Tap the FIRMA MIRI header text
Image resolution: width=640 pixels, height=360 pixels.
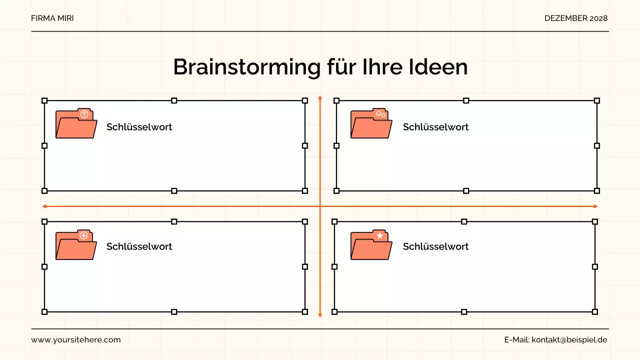tap(52, 18)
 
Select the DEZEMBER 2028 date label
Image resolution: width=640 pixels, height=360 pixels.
tap(576, 18)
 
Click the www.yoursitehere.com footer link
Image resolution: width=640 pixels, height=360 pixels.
tap(76, 340)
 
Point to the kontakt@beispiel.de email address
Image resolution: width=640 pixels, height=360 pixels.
tap(569, 340)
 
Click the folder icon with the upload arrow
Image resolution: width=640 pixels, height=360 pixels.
tap(76, 123)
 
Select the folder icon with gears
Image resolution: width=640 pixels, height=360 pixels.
tap(371, 123)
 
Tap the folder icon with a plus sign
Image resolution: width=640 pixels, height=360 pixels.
tap(76, 245)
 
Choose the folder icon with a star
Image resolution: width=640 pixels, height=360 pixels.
tap(371, 245)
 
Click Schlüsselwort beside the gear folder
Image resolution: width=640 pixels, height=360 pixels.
tap(435, 127)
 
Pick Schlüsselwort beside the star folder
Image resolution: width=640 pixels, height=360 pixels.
tap(435, 246)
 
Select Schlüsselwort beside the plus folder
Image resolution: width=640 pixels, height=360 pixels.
tap(139, 246)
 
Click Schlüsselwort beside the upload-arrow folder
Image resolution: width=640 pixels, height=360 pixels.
tap(139, 127)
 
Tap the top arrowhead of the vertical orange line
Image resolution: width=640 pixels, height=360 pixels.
tap(320, 98)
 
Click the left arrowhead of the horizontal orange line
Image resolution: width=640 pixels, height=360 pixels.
tap(45, 206)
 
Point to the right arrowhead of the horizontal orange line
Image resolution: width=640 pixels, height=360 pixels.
tap(595, 206)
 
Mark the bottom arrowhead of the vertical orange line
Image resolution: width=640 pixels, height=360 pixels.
tap(320, 314)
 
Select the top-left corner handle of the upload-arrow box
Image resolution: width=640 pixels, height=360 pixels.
tap(44, 100)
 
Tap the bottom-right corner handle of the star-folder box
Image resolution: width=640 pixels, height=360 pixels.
tap(595, 312)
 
